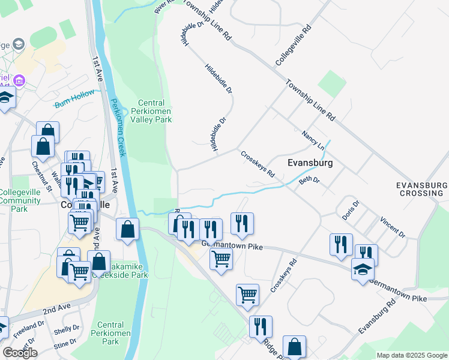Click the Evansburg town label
click(x=310, y=163)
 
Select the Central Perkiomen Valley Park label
click(x=155, y=111)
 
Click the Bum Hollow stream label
click(x=74, y=99)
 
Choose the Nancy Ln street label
click(x=313, y=140)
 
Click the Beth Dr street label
click(x=309, y=179)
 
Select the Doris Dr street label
click(x=351, y=212)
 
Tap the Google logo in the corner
click(x=20, y=353)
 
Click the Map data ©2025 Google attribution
click(x=412, y=355)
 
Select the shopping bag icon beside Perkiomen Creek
click(x=128, y=229)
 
